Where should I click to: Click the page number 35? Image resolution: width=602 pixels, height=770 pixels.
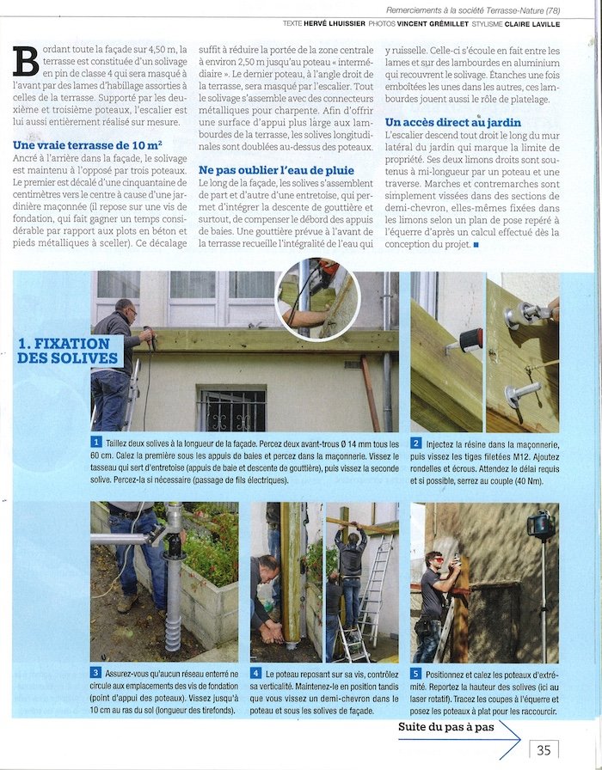[544, 749]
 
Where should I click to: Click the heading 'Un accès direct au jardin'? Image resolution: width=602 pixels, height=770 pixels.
[453, 123]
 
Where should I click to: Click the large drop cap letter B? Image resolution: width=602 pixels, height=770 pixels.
[26, 61]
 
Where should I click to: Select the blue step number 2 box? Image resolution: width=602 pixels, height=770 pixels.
[416, 443]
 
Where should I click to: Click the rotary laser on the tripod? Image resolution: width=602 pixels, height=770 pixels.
[541, 523]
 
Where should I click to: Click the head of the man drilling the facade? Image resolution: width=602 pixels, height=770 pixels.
[125, 310]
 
